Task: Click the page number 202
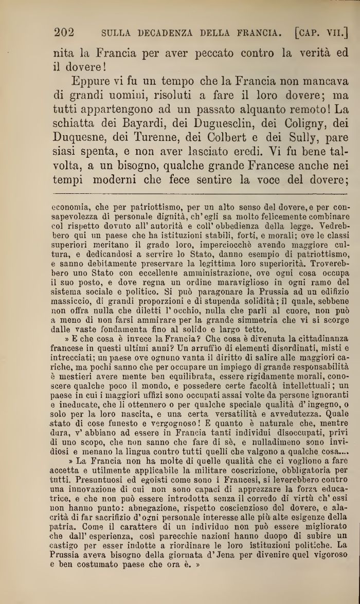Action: pyautogui.click(x=64, y=33)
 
